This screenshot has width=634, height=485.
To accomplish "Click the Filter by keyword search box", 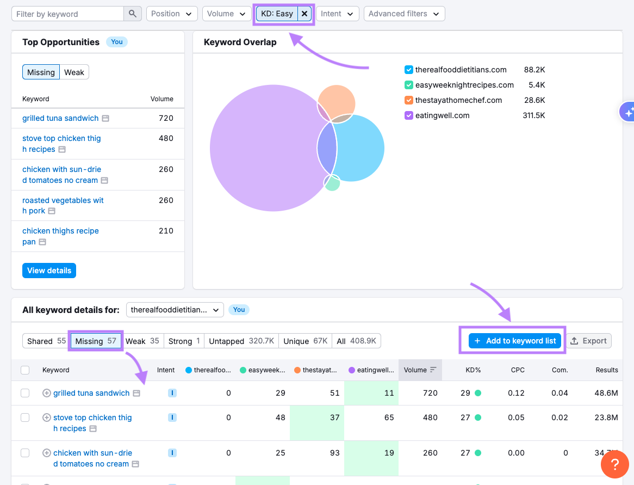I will point(68,14).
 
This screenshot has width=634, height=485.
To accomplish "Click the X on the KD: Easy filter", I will point(304,14).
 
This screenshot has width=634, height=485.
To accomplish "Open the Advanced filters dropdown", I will point(404,14).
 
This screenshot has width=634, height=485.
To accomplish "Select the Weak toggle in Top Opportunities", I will point(74,72).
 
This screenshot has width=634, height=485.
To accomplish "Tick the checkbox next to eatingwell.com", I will point(409,115).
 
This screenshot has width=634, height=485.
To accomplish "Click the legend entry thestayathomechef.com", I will point(458,100).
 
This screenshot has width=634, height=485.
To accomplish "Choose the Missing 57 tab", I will point(96,341).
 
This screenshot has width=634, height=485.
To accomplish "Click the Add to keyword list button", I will point(514,341).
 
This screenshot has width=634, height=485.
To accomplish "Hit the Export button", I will point(588,341).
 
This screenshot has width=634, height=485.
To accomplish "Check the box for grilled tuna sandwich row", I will point(25,393).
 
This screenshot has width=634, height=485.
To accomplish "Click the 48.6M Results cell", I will point(606,393).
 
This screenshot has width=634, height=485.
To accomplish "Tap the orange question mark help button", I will point(614,464).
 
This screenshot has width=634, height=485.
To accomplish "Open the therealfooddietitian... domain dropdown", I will point(175,310).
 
